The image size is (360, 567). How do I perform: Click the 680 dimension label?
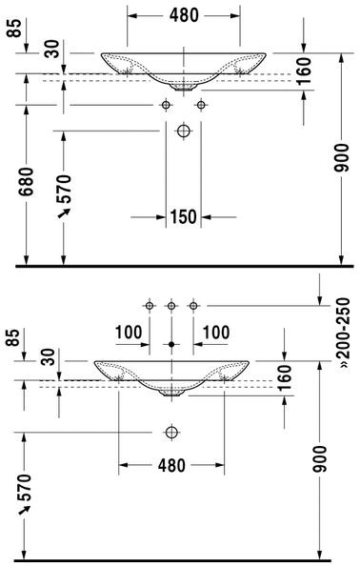click(x=26, y=181)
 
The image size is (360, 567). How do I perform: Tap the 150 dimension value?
click(x=183, y=217)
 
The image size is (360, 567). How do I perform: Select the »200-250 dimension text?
click(x=343, y=333)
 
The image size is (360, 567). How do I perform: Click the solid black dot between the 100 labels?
click(x=171, y=344)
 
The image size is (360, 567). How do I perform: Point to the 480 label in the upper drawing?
click(x=184, y=15)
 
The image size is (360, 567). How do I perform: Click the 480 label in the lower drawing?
click(x=171, y=465)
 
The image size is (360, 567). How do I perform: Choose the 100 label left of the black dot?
click(x=129, y=333)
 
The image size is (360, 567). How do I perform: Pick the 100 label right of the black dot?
click(x=216, y=333)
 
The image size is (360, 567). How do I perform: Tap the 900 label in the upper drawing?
click(x=342, y=157)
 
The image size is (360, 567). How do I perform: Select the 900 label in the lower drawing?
click(x=319, y=459)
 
